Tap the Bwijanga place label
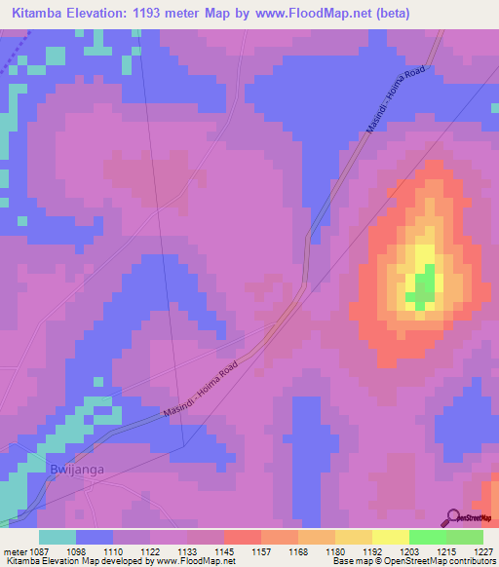tap(75, 470)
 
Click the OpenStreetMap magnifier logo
tap(452, 517)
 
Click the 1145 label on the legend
tap(223, 550)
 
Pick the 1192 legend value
tap(370, 550)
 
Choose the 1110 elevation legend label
tap(113, 550)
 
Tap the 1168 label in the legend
tap(297, 550)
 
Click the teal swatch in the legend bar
tap(58, 537)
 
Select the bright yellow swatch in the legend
tap(390, 537)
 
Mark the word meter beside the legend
tap(13, 550)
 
